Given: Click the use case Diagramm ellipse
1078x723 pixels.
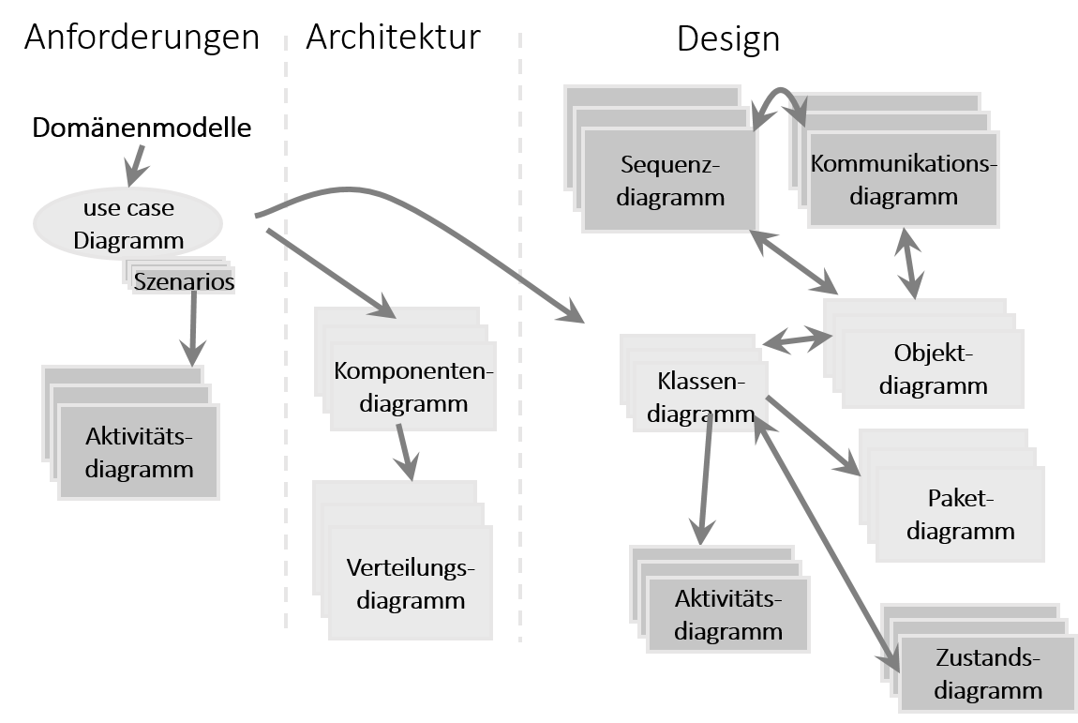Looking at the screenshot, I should click(x=128, y=223).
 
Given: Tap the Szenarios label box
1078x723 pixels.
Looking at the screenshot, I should click(x=184, y=280).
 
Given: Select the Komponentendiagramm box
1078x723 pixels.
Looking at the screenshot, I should click(x=413, y=387).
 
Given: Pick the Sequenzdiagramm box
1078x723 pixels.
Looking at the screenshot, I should click(x=670, y=180).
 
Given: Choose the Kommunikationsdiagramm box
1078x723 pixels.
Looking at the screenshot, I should click(x=903, y=180).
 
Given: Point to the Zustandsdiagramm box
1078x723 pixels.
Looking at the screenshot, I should click(x=988, y=674).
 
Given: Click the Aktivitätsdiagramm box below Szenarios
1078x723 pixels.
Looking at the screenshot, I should click(x=139, y=452).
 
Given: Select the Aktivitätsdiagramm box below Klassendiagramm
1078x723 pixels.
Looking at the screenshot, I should click(x=728, y=614).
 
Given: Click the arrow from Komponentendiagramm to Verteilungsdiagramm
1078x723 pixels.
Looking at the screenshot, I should click(x=405, y=451).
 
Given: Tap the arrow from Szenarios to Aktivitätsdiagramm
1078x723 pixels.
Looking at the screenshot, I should click(x=193, y=327).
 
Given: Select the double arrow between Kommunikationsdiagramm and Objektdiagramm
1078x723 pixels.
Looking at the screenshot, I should click(x=909, y=264).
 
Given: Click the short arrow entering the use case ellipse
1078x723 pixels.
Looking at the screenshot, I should click(x=137, y=164).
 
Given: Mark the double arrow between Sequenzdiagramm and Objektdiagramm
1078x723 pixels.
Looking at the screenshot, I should click(x=795, y=262).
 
